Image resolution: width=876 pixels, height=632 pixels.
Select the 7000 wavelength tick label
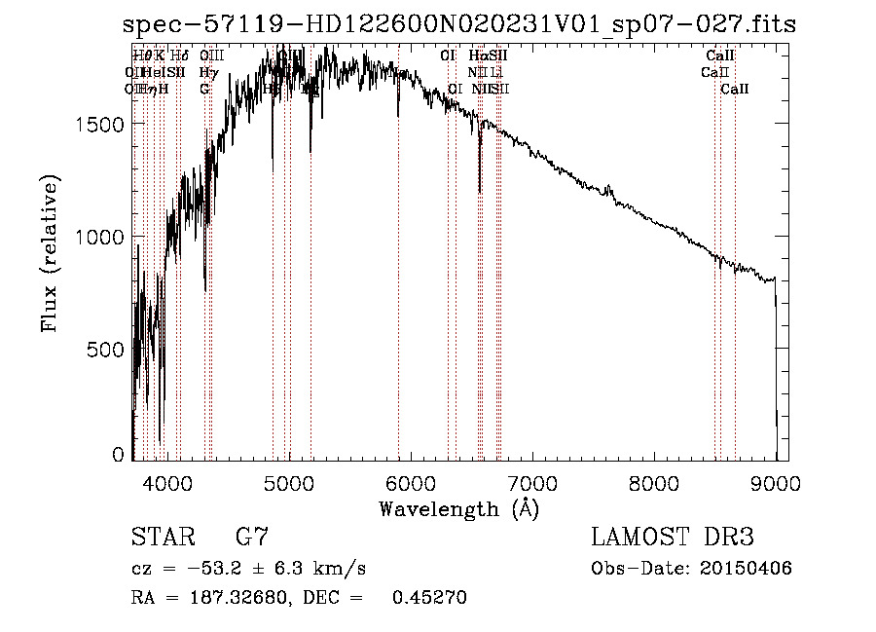point(532,482)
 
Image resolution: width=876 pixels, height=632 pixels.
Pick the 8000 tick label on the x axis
point(654,482)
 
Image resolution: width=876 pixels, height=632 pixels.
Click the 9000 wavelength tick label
point(776,482)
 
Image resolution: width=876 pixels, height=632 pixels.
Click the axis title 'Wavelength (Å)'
point(458,508)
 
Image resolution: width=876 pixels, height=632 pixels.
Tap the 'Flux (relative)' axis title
point(51,254)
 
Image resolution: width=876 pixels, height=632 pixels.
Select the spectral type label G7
point(252,538)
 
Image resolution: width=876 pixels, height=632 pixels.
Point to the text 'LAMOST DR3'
point(672,538)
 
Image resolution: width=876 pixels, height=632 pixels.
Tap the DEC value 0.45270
point(429,598)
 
